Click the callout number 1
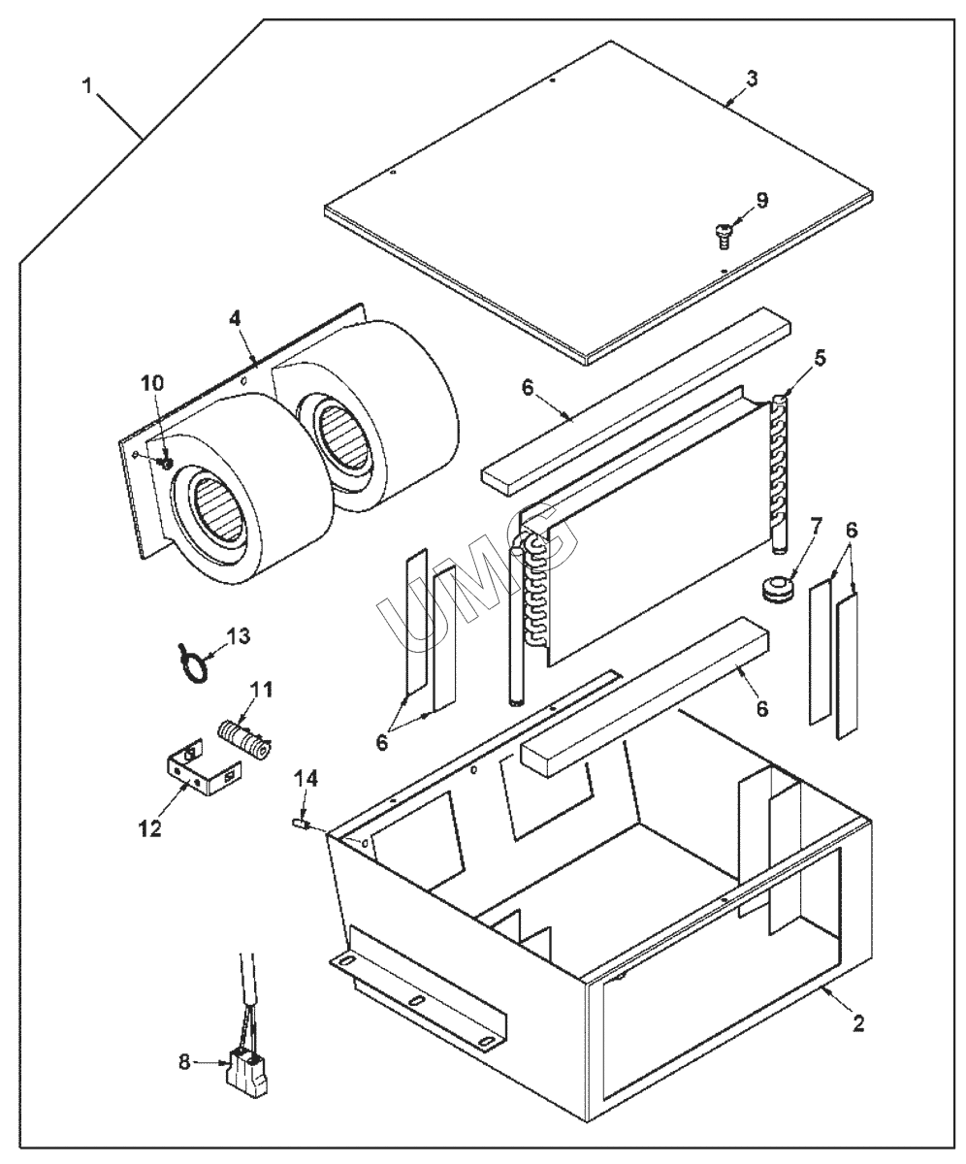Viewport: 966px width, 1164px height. pos(87,86)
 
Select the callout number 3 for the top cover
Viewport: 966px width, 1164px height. pos(752,77)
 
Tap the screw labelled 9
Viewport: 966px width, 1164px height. pos(721,230)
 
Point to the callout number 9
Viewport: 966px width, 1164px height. pos(761,201)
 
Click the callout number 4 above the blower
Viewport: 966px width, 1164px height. pos(235,318)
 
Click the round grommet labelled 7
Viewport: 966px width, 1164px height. pos(776,589)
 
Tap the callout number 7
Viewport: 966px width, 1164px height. pos(815,529)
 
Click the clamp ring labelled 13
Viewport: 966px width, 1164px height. pos(191,668)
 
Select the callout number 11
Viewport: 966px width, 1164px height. pos(261,692)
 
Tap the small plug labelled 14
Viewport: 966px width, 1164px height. pos(300,824)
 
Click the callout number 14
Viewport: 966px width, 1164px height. pos(306,779)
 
